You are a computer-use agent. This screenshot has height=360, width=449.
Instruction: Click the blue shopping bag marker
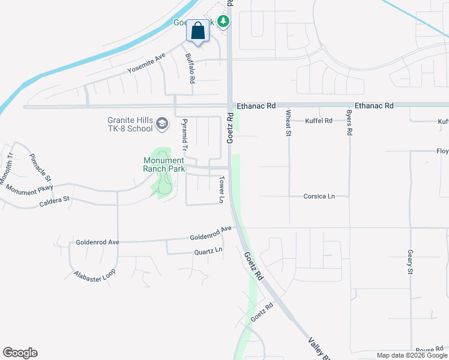[x=198, y=31]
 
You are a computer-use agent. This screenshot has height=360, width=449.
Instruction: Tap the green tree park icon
[x=223, y=22]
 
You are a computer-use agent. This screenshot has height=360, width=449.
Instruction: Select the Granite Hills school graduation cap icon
[x=161, y=124]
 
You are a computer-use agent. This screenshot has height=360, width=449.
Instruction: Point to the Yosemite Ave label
[x=146, y=64]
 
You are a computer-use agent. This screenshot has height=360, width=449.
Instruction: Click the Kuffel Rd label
[x=318, y=121]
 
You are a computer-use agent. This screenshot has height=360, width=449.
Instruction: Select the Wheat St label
[x=288, y=123]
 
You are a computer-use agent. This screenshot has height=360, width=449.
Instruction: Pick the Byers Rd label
[x=349, y=122]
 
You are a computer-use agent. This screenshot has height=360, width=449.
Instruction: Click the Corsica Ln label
[x=318, y=196]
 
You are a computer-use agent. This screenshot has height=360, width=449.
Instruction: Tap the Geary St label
[x=410, y=262]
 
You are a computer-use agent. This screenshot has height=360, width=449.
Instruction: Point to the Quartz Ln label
[x=208, y=250]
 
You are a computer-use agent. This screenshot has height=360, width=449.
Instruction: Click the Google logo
[x=20, y=353]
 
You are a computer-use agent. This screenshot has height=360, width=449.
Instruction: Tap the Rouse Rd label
[x=429, y=350]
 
